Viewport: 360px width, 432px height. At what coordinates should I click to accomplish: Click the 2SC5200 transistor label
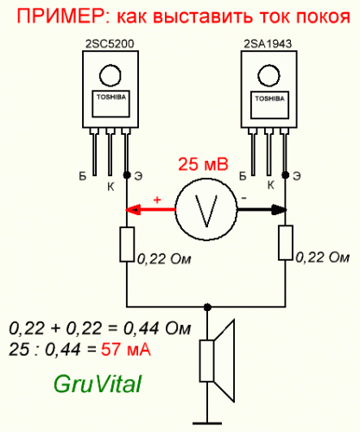pos(110,44)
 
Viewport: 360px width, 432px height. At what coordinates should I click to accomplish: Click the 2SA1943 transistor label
pos(268,44)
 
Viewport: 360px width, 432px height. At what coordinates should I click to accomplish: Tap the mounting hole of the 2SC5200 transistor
pos(110,75)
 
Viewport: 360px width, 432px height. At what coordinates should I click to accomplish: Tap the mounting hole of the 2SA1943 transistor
pos(268,76)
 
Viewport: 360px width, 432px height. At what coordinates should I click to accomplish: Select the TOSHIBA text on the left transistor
pos(111,97)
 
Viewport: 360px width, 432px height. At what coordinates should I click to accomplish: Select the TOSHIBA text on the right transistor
pos(269,98)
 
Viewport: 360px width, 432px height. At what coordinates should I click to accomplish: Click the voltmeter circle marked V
pos(206,209)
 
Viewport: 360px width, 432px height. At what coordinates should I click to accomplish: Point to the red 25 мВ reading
pos(203,164)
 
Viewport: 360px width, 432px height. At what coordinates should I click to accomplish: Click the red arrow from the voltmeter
pos(150,210)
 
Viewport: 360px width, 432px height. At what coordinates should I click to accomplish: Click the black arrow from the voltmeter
pos(262,210)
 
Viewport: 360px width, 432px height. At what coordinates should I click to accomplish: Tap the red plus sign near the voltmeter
pos(157,200)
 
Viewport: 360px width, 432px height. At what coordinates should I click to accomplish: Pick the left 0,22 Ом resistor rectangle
pos(127,245)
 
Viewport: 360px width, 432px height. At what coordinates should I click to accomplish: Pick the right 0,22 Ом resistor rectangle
pos(286,243)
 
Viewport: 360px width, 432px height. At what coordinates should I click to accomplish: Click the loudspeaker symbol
pos(218,360)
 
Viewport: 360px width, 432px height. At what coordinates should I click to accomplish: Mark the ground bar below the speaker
pos(207,423)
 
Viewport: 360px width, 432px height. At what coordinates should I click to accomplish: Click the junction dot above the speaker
pos(207,308)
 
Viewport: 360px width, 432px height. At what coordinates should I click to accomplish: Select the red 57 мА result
pos(126,350)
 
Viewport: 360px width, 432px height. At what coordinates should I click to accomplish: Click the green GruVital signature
pos(98,384)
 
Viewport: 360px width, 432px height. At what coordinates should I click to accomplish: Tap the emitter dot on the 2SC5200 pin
pos(127,175)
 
